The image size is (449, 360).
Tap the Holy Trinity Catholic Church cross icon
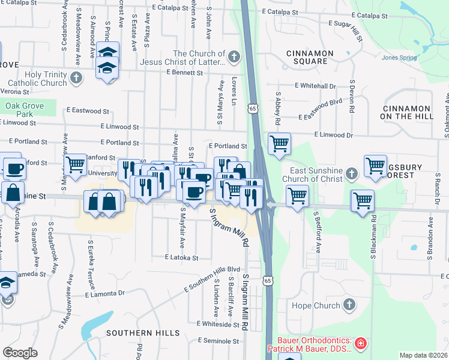76,78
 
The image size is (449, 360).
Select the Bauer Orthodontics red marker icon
360,344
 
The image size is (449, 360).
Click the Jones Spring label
399,58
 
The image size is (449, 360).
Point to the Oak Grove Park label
26,109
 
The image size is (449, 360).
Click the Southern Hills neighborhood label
143,332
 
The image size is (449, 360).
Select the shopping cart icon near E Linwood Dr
279,144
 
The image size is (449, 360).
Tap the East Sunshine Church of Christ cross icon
352,175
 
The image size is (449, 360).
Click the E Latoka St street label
182,257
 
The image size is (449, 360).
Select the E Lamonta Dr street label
104,294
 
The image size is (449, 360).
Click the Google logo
20,352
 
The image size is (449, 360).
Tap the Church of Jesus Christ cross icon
234,58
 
